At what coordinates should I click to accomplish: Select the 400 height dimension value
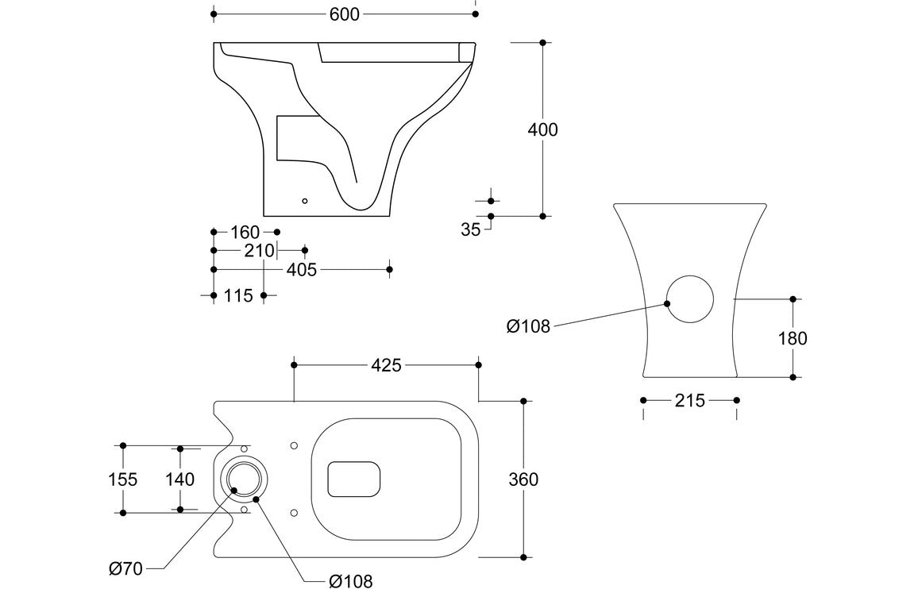[543, 129]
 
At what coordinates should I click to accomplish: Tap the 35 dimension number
[471, 231]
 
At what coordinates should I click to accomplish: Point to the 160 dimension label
[245, 232]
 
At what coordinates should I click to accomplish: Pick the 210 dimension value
[259, 251]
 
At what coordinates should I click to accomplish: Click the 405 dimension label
[302, 270]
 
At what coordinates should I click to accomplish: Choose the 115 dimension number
[238, 295]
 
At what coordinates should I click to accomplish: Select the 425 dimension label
[387, 365]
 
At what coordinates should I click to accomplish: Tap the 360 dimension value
[523, 479]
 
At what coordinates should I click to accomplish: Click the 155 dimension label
[123, 479]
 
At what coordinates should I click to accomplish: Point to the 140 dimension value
[180, 479]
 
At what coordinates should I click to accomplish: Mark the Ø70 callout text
[126, 568]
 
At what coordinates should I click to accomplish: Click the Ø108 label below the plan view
[350, 581]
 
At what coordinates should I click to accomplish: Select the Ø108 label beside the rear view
[528, 326]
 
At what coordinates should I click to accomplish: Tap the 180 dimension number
[793, 338]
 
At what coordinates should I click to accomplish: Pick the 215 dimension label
[689, 401]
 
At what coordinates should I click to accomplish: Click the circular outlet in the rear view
[689, 299]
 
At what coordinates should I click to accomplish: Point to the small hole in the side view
[304, 201]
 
